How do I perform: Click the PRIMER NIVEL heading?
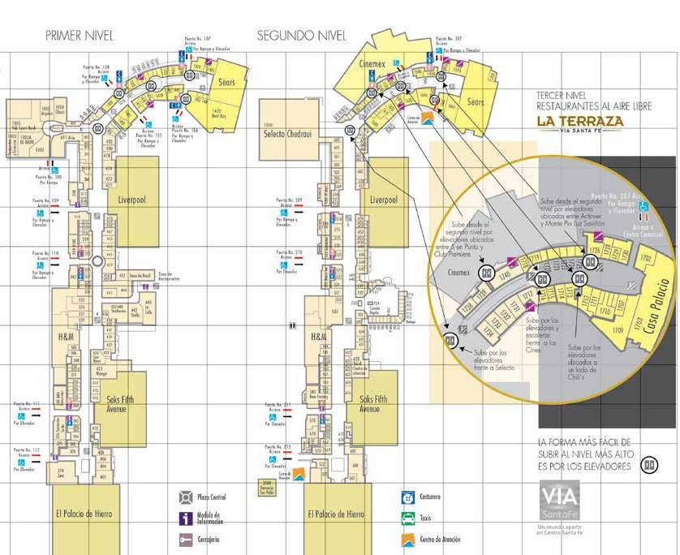tap(80, 36)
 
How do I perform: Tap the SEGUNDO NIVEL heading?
tap(302, 36)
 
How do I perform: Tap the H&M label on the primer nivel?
tap(67, 336)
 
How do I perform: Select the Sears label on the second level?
tap(476, 102)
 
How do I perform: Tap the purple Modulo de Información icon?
tap(186, 518)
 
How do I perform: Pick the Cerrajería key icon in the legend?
tap(186, 539)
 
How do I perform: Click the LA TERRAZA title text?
tap(579, 122)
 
